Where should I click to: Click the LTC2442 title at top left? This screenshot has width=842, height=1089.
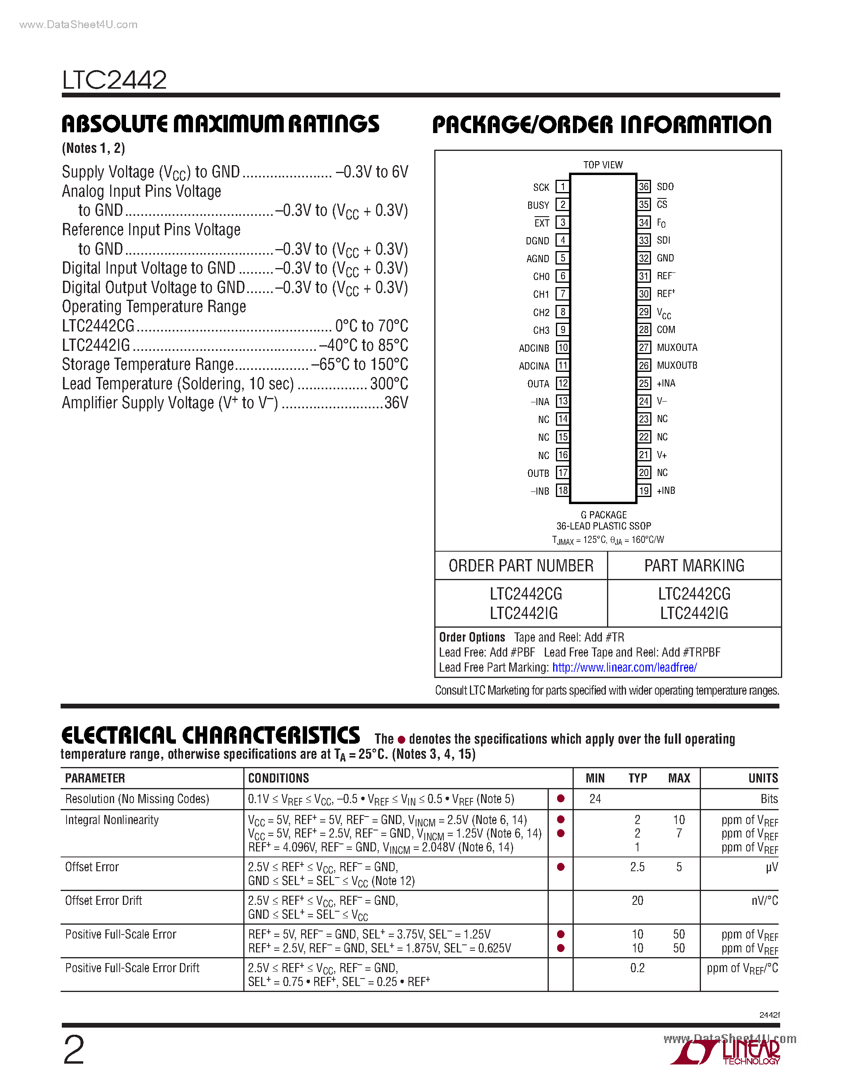(114, 80)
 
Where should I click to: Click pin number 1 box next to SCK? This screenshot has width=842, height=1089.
(562, 187)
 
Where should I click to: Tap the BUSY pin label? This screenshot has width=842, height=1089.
(538, 206)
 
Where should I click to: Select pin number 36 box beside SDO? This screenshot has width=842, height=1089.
(644, 187)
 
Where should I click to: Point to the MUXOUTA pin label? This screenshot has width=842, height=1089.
(676, 348)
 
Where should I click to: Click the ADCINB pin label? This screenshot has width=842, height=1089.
(534, 348)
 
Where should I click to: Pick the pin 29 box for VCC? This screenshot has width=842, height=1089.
(644, 312)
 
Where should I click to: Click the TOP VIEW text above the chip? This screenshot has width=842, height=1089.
(603, 165)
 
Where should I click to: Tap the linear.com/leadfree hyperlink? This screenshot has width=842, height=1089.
(624, 668)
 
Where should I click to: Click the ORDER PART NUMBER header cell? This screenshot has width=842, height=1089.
(521, 566)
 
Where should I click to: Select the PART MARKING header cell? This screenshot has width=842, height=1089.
(694, 566)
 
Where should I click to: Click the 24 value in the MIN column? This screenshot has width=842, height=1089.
(595, 799)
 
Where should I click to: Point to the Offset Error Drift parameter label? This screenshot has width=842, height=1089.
(104, 901)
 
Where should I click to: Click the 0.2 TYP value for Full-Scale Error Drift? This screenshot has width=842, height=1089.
(637, 968)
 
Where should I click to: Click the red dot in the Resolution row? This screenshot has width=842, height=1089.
(561, 799)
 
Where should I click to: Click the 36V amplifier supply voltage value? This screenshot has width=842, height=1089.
(396, 403)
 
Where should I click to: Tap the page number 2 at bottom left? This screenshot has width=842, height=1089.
(74, 1050)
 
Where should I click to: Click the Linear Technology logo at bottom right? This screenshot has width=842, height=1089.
(726, 1051)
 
